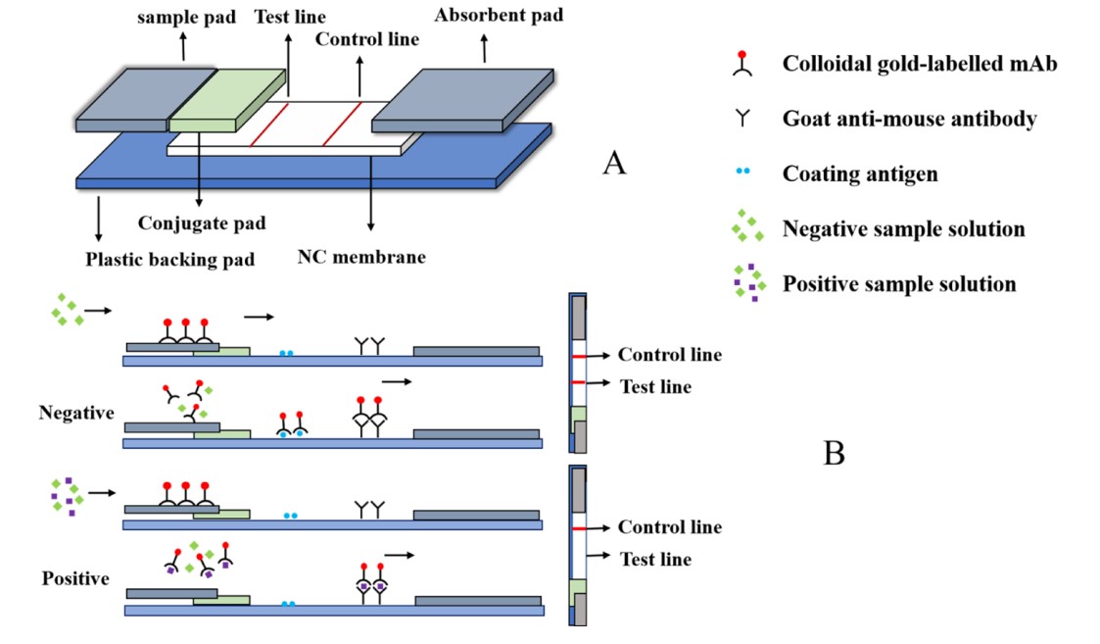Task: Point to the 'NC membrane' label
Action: coord(361,259)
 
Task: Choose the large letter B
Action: coord(834,453)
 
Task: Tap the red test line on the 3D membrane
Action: coord(269,124)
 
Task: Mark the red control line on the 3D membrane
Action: coord(343,124)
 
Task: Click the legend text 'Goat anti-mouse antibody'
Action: coord(909,120)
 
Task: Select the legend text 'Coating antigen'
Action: coord(859,174)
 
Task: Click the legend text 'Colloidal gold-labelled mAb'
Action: coord(920,65)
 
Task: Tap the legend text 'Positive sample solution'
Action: coord(898,284)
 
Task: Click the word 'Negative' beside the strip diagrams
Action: coord(77,413)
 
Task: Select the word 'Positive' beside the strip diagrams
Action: coord(75,578)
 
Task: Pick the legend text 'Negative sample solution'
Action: coord(903,229)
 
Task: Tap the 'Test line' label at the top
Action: coord(290,18)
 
